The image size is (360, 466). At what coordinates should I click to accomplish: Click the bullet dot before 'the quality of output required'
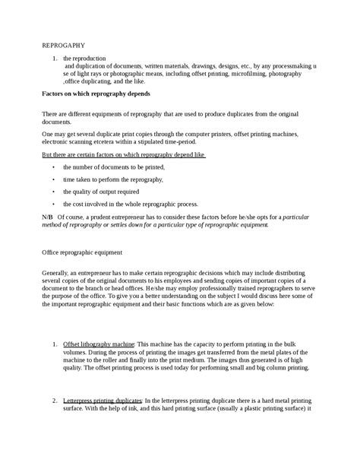point(53,192)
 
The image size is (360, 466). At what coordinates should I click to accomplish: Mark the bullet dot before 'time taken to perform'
point(53,179)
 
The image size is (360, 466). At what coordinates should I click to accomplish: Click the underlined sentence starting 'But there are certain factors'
point(124,154)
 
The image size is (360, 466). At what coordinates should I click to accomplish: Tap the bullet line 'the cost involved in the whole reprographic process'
point(130,204)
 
